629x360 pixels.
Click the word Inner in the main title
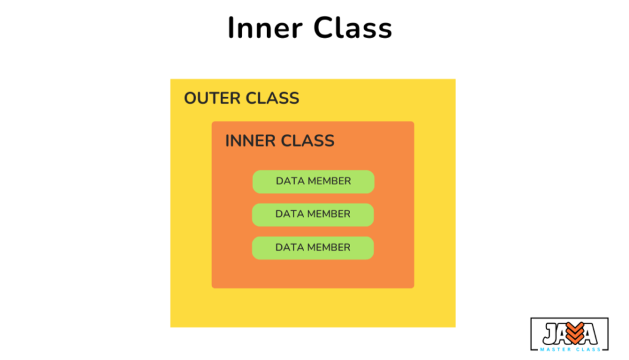(x=265, y=28)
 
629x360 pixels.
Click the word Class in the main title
(x=353, y=28)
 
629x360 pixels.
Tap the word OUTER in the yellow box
(x=211, y=98)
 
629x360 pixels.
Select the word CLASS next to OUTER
(x=272, y=98)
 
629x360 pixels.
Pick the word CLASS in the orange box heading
(x=307, y=141)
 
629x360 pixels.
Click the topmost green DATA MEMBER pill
(x=313, y=181)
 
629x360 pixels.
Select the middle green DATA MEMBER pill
(x=313, y=215)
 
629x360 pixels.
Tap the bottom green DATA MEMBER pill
(x=313, y=248)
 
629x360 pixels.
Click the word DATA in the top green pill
(x=290, y=181)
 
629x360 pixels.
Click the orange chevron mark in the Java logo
(x=575, y=333)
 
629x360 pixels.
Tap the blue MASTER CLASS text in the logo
(x=570, y=350)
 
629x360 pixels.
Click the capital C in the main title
(x=324, y=28)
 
